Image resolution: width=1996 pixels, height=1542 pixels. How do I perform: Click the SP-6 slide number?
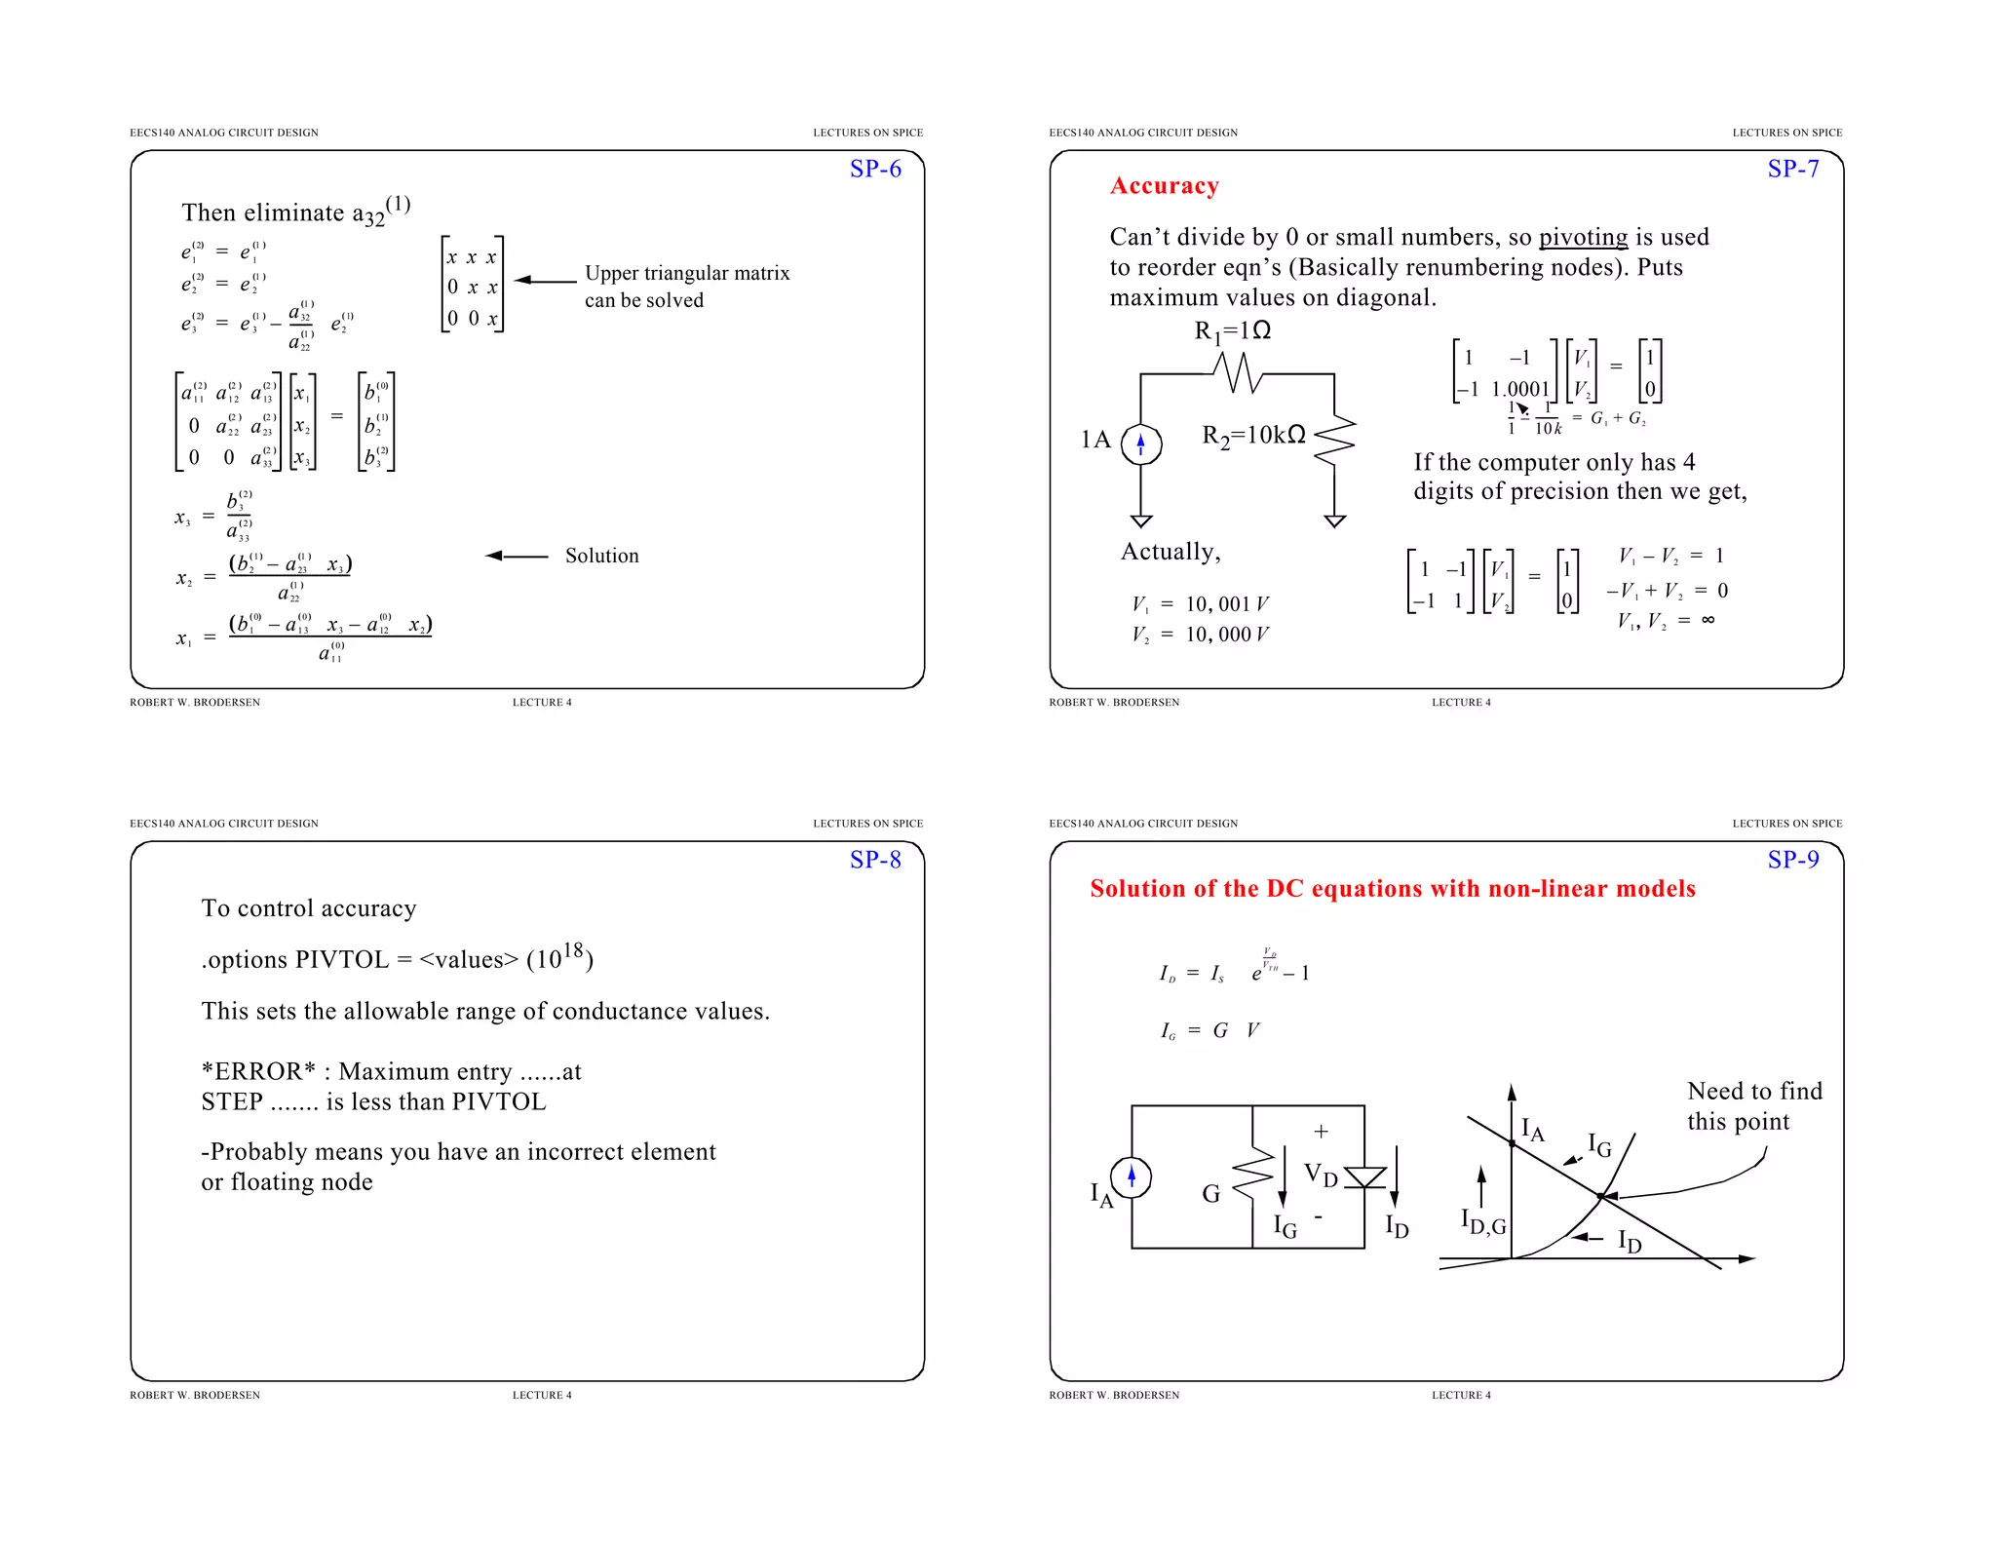tap(875, 169)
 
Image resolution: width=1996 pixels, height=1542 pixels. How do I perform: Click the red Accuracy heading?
tap(1164, 186)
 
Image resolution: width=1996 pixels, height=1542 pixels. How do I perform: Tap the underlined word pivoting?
tap(1582, 237)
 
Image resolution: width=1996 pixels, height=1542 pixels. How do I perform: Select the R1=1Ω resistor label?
tap(1232, 331)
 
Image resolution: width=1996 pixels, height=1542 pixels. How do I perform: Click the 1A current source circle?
tap(1140, 444)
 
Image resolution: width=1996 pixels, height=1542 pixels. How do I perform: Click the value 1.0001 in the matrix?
tap(1519, 389)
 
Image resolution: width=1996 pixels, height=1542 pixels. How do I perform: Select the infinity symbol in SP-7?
tap(1708, 620)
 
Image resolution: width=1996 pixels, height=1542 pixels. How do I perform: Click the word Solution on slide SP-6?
tap(601, 556)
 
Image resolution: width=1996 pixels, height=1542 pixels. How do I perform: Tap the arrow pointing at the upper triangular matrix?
tap(545, 281)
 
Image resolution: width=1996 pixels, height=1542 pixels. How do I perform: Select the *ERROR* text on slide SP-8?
tap(258, 1072)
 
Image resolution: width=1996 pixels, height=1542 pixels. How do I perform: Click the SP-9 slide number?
tap(1792, 860)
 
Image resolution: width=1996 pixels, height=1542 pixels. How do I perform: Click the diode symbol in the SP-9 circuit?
tap(1363, 1177)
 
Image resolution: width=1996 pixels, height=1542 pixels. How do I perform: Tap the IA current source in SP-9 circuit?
tap(1131, 1177)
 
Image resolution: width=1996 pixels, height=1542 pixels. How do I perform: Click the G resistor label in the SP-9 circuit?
tap(1210, 1194)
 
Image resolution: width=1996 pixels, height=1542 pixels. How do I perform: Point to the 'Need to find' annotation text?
tap(1753, 1092)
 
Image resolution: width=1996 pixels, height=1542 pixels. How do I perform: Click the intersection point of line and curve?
tap(1599, 1196)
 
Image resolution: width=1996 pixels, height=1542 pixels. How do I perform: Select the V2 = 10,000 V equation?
tap(1199, 635)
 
